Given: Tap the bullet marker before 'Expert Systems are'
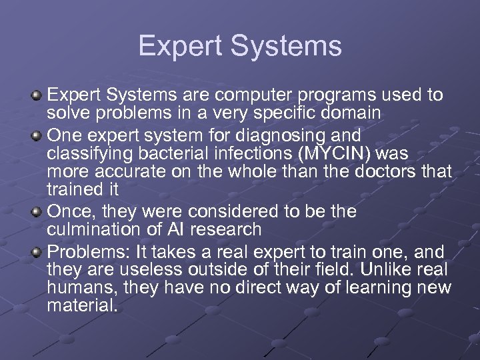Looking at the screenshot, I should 37,96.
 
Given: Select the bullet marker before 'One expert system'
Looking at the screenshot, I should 37,135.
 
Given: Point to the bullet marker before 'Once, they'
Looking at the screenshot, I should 37,213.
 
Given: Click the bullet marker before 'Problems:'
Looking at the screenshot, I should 37,252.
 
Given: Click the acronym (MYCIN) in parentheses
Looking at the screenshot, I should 336,153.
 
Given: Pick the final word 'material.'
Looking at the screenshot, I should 82,306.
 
